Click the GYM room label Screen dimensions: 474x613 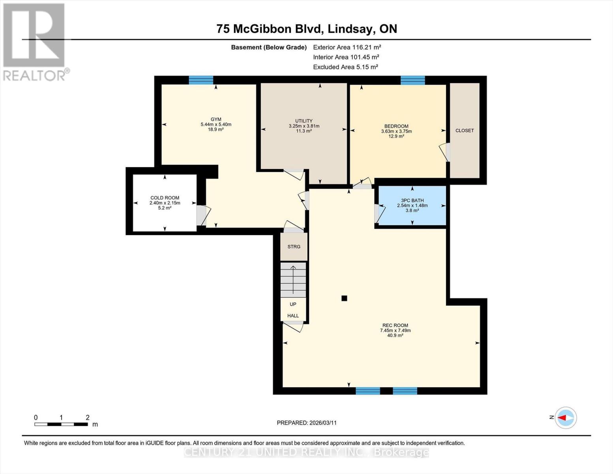(x=216, y=119)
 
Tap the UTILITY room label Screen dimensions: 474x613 (x=304, y=121)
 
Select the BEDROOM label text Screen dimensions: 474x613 (x=396, y=126)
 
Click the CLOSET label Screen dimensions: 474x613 (x=465, y=130)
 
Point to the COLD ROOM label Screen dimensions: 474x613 (x=165, y=198)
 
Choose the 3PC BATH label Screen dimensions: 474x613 (x=412, y=200)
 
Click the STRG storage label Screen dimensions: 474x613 (x=294, y=246)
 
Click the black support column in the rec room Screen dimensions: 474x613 (x=344, y=299)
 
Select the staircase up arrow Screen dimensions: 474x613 (x=293, y=280)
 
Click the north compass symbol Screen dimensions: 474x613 (x=566, y=418)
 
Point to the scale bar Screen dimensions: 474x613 (x=61, y=424)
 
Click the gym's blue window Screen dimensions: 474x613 (x=201, y=80)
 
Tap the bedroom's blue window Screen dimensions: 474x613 (x=412, y=80)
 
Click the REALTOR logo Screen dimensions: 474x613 (x=34, y=41)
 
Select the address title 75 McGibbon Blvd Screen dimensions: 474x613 (x=307, y=29)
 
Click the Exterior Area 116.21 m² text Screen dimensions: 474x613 (x=347, y=47)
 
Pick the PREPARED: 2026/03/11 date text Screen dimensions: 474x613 (x=307, y=423)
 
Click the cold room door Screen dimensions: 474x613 (x=201, y=216)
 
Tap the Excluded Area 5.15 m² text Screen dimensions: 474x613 (x=345, y=67)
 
